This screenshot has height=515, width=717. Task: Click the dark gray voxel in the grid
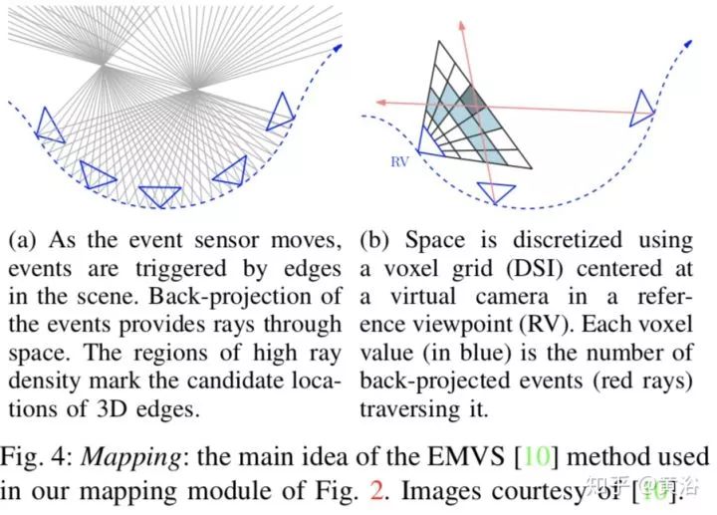471,98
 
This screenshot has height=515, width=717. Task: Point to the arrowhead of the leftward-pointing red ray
379,101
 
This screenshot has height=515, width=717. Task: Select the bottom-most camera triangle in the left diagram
159,196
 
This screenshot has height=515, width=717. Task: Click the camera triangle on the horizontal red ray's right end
643,107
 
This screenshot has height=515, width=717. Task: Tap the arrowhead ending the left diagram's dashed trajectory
338,46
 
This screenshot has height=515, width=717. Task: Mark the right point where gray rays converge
197,91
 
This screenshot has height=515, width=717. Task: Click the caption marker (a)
23,241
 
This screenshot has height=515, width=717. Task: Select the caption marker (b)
375,241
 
